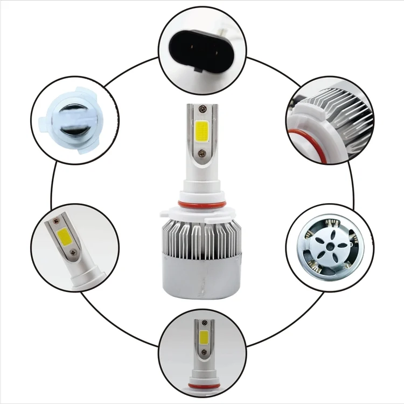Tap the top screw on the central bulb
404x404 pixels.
click(202, 110)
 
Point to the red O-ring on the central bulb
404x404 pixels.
click(201, 203)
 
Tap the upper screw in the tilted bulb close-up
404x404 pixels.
click(55, 221)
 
